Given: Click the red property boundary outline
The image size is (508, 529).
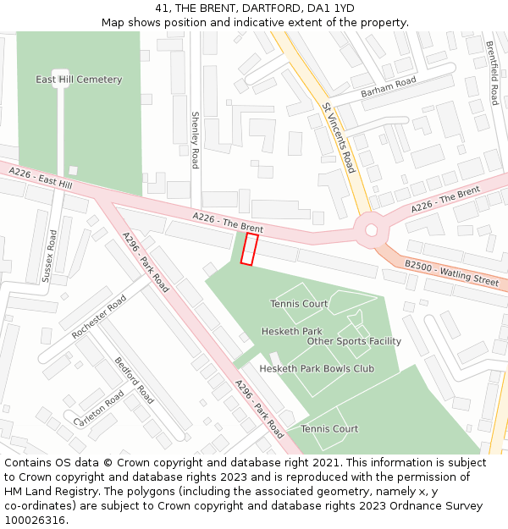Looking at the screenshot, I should point(249,250).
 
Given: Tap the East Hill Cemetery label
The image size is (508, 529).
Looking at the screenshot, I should point(79,80).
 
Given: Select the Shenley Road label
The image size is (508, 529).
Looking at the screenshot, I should point(195,140).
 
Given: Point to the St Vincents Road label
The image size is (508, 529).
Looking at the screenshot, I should point(339,138).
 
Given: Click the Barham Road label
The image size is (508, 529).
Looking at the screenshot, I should point(389,85).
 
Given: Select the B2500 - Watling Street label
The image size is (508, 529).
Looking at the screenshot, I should point(451,272).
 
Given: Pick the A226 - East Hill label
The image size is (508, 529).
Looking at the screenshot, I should point(41,178).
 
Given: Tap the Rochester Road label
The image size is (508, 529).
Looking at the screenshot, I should point(99,317).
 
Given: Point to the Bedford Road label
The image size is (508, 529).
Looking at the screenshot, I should point(135,380).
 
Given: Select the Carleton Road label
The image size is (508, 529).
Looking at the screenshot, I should point(99,409).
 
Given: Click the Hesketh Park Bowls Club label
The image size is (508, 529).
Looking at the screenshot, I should point(317,369).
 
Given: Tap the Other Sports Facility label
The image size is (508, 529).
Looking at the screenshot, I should point(354,341).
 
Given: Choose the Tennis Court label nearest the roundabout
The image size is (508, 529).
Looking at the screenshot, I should point(299,304).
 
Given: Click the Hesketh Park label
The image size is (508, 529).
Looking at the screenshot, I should point(291,331).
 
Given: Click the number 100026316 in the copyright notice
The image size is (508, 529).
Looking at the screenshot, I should point(35,520).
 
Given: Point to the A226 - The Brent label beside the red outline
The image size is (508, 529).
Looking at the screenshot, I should point(228,223).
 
